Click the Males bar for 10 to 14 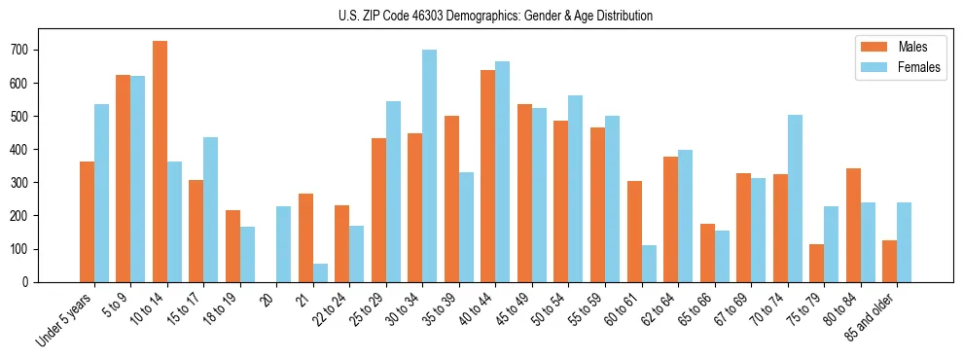click(x=160, y=162)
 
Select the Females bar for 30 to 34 click(x=429, y=166)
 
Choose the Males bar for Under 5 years click(x=87, y=222)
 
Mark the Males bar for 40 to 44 click(x=488, y=176)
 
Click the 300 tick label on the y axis click(x=25, y=183)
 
